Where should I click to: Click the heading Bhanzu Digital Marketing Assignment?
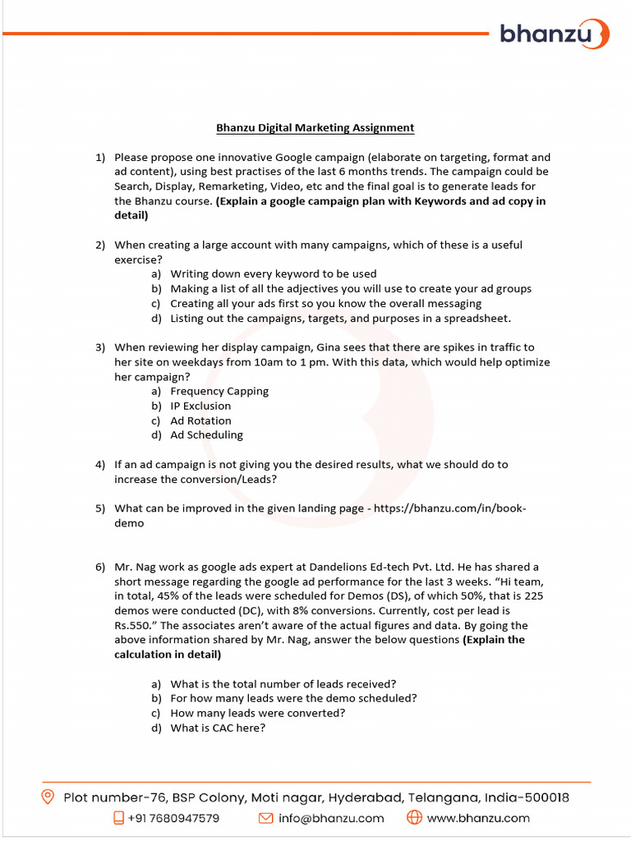click(x=315, y=127)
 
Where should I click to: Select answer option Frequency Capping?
click(x=219, y=391)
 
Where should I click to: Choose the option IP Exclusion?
click(x=200, y=406)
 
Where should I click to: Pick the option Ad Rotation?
click(x=200, y=420)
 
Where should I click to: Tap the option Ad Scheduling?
click(x=206, y=435)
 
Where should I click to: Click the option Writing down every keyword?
click(x=273, y=273)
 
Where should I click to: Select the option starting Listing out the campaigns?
click(x=340, y=318)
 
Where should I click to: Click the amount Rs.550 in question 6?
click(x=134, y=626)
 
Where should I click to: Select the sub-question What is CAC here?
click(x=218, y=728)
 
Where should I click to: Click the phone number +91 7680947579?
click(x=173, y=818)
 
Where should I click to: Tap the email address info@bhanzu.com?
click(x=331, y=818)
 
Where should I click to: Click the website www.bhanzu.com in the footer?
click(x=478, y=818)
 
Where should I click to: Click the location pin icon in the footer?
click(x=48, y=797)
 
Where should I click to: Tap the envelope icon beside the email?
click(x=265, y=818)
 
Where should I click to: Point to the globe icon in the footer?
click(x=414, y=818)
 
